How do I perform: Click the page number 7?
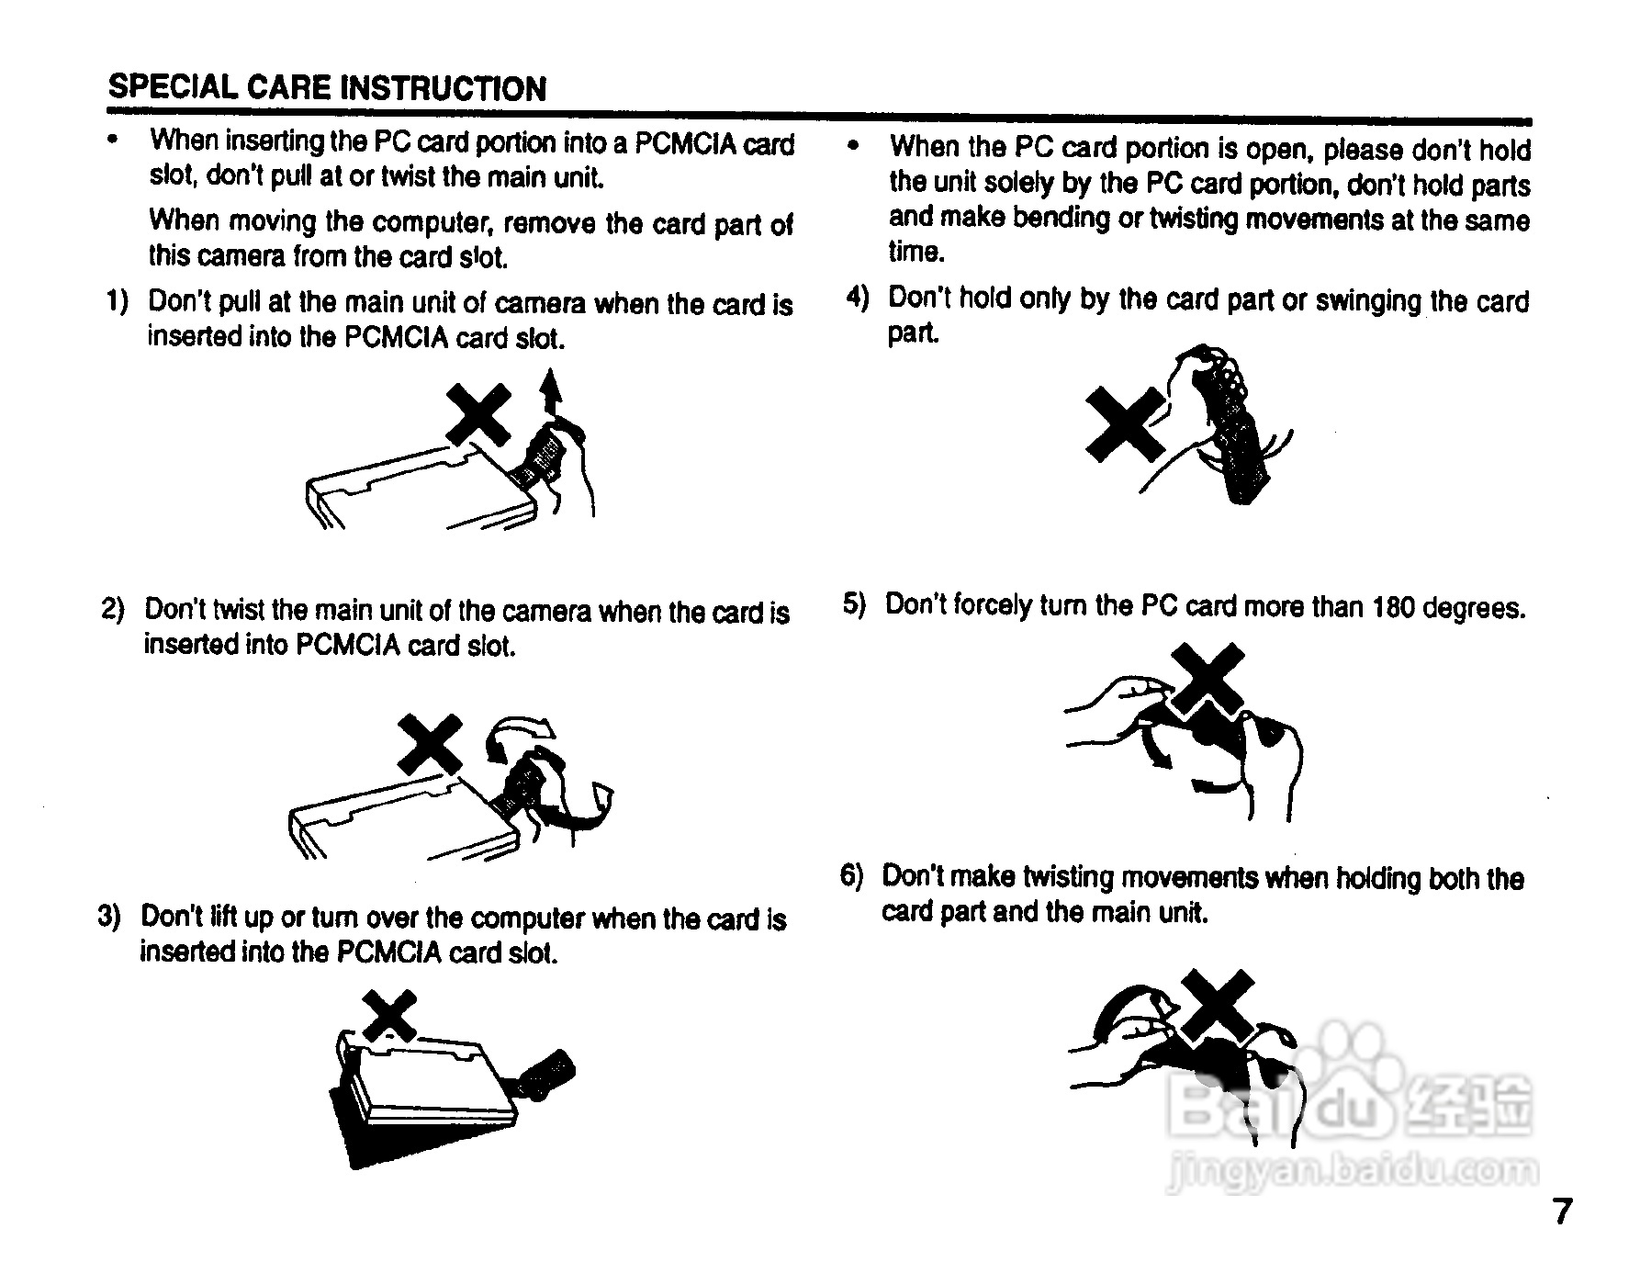[x=1562, y=1211]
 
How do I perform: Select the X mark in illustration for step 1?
[x=477, y=414]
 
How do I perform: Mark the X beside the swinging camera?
[x=1126, y=423]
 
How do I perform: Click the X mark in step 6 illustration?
[x=1218, y=1006]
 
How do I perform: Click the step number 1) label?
[x=117, y=301]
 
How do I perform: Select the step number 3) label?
[x=109, y=917]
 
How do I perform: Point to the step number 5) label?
[x=854, y=604]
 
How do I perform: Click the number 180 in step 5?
[x=1394, y=607]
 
